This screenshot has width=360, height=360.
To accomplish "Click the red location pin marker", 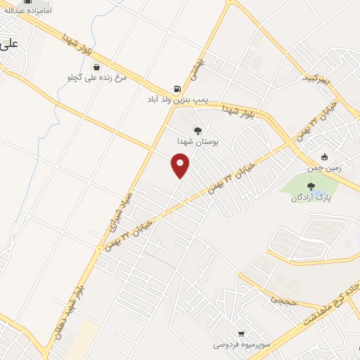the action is pos(181,165).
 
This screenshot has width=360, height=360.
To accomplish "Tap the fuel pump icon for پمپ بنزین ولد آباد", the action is pos(175,89).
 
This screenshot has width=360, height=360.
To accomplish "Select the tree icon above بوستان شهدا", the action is pos(198,130).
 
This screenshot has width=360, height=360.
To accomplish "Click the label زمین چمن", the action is pos(324,169).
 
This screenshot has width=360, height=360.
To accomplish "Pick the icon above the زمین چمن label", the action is pos(324,157).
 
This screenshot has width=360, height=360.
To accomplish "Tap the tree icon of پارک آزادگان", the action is pos(311,186).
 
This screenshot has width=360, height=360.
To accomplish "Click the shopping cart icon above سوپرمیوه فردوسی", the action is pos(242,333).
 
